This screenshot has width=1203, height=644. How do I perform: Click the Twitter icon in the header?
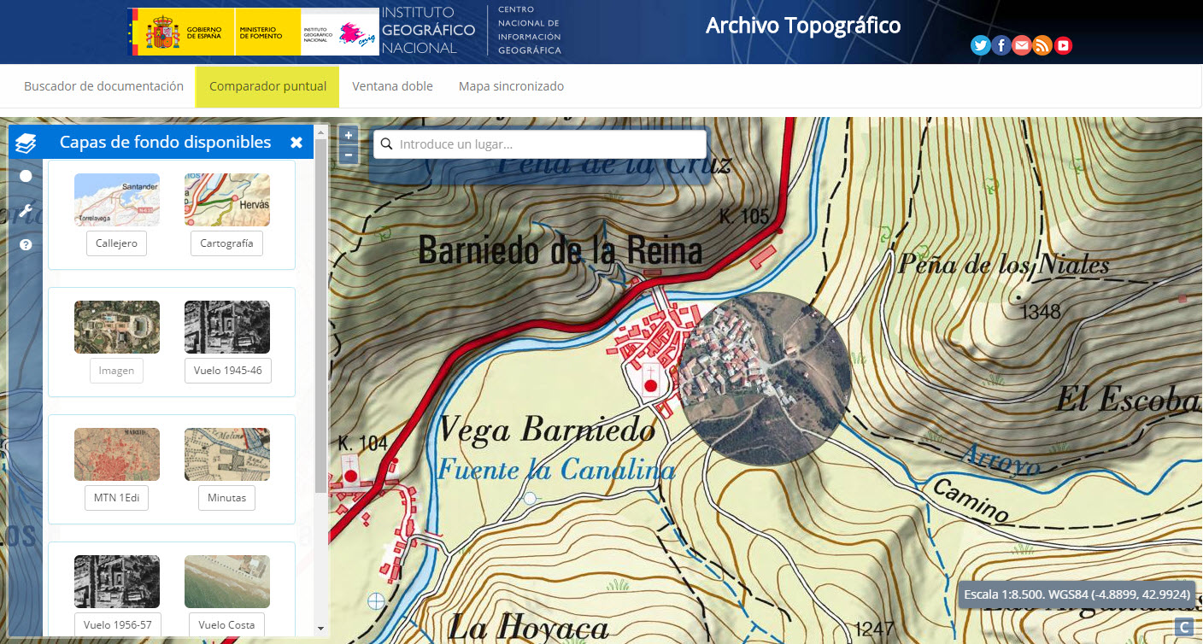coord(981,46)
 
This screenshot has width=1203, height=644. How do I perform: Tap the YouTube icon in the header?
coord(1063,46)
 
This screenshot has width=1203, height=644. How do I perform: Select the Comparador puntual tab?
coord(267,86)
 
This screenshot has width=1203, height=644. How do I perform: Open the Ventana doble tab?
coord(392,86)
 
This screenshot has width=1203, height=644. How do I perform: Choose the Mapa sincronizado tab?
coord(511,86)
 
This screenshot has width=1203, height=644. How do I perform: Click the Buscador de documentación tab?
coord(103,86)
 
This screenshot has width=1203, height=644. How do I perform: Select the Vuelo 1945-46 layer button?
coord(227,371)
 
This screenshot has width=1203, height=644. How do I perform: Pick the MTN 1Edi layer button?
coord(116,497)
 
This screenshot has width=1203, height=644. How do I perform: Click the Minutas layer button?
coord(226,497)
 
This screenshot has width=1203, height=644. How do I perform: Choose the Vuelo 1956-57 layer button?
coord(116,624)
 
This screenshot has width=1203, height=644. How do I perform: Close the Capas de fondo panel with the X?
coord(296,143)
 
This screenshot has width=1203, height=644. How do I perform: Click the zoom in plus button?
coord(348,135)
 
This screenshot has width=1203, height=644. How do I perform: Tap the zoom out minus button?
coord(348,155)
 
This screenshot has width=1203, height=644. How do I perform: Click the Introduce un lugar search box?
coord(547,144)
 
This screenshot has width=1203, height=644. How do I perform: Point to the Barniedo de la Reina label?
coord(560,250)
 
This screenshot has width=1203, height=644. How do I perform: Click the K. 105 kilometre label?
coord(744,216)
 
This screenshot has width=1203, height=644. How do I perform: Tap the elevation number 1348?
coord(1041,311)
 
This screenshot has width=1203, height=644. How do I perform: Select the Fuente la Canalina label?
coord(556,469)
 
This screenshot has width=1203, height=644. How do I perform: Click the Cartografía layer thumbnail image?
coord(226,200)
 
